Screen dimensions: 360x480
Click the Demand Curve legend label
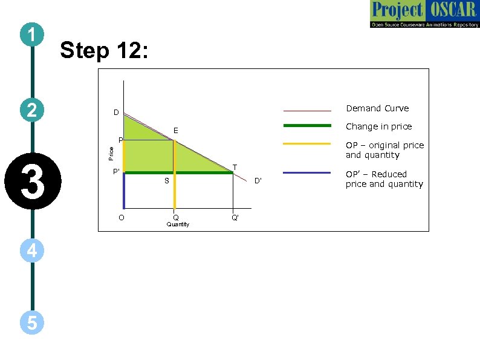tap(377, 108)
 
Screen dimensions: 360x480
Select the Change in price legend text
tap(378, 126)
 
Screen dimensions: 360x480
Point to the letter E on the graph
tap(175, 130)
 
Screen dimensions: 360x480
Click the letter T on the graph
tap(235, 167)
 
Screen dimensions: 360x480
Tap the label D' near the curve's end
tap(258, 180)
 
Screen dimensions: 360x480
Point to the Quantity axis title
tap(178, 224)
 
